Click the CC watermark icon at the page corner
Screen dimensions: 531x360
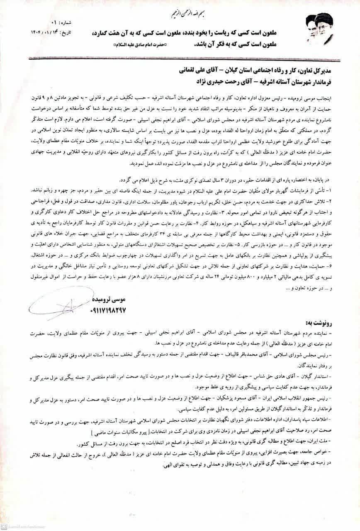(x=5, y=527)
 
